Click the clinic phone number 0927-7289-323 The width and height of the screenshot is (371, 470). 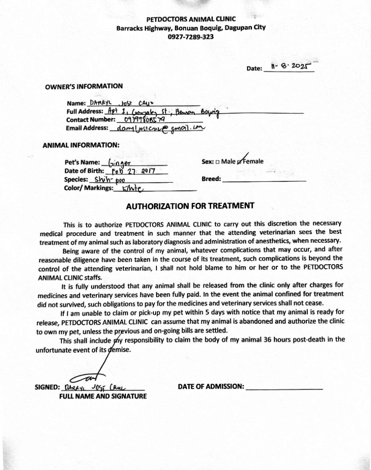[191, 37]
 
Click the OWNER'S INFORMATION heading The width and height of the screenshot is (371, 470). [84, 86]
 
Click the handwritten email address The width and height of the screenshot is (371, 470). [158, 128]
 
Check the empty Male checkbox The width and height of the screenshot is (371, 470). [217, 162]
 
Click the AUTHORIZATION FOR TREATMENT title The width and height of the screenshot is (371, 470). [190, 206]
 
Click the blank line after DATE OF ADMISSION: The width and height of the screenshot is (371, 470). [284, 386]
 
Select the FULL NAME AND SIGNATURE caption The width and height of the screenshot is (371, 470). [103, 396]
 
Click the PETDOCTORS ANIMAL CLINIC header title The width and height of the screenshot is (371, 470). [191, 19]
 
